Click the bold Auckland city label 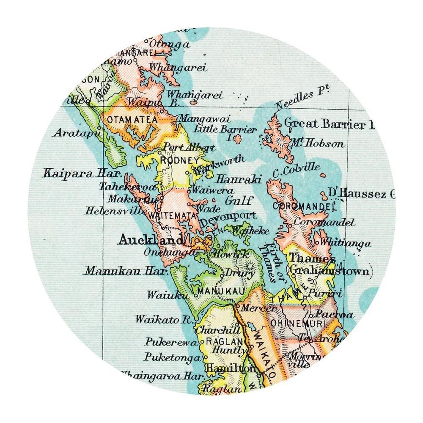click(151, 240)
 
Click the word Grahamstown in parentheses click(330, 271)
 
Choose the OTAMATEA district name click(133, 120)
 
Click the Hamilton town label click(230, 368)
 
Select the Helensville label click(112, 210)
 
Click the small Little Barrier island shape click(237, 139)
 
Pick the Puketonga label click(172, 357)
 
